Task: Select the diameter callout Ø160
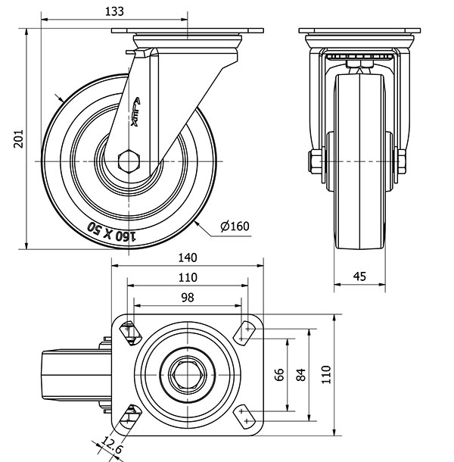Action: tap(235, 226)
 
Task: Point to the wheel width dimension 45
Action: tap(359, 276)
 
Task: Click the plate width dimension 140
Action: tap(188, 256)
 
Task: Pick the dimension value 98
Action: tap(187, 298)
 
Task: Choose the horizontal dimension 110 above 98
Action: tap(188, 277)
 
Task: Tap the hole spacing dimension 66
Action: tap(278, 374)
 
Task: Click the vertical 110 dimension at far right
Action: tap(326, 373)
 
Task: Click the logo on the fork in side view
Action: tap(138, 112)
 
